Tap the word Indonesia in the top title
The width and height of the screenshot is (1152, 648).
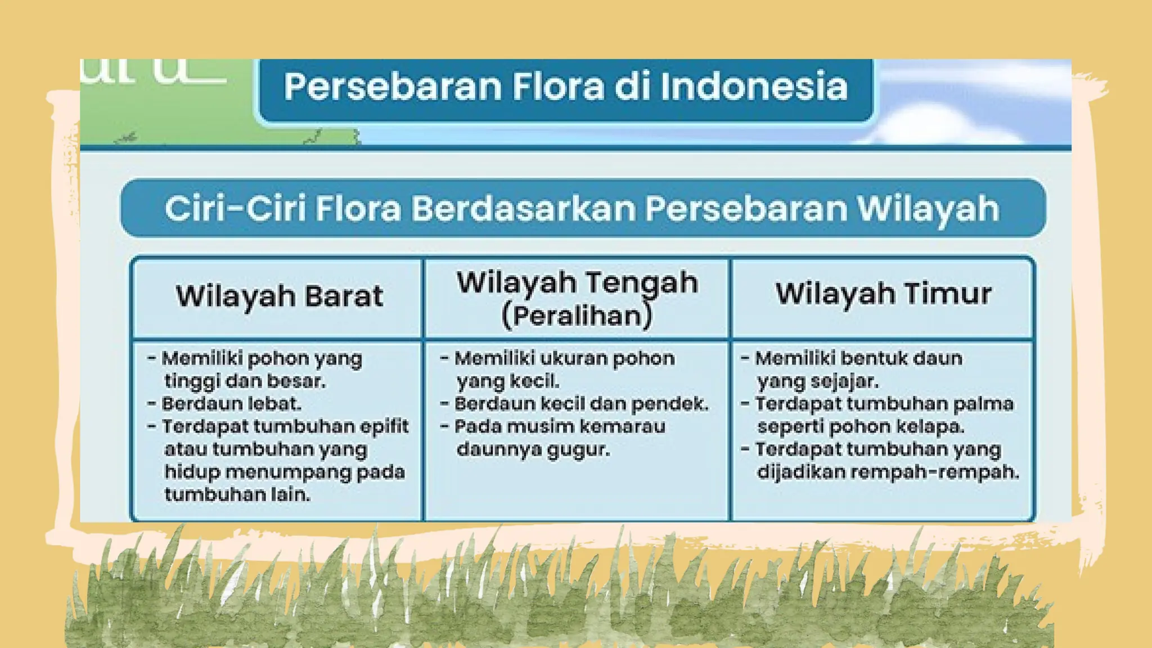click(x=754, y=87)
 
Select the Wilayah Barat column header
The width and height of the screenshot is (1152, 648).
click(x=279, y=296)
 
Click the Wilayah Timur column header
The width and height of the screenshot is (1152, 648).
click(x=883, y=294)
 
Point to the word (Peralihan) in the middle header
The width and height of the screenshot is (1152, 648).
click(x=577, y=316)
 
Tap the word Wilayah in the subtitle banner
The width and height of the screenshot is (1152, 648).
click(x=928, y=209)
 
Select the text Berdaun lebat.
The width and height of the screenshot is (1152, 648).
click(x=231, y=404)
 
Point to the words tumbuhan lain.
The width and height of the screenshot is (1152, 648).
click(x=237, y=494)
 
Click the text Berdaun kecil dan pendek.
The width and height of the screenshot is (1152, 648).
click(x=581, y=404)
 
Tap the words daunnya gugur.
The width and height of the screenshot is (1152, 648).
click(x=533, y=449)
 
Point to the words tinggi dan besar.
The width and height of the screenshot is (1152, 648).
click(x=245, y=381)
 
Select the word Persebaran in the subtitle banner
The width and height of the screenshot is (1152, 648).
click(x=746, y=209)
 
